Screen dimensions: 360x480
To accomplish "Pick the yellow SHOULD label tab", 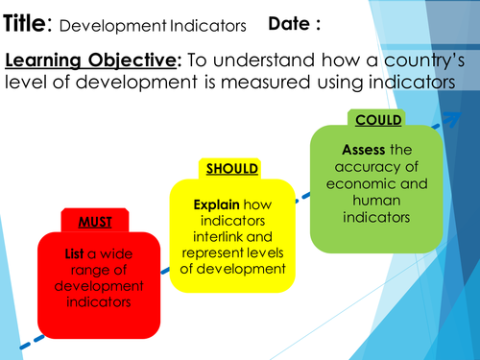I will pyautogui.click(x=231, y=169).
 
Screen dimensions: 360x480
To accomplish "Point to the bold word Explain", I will pyautogui.click(x=217, y=204).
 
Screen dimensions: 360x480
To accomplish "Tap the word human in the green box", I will pyautogui.click(x=375, y=201).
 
